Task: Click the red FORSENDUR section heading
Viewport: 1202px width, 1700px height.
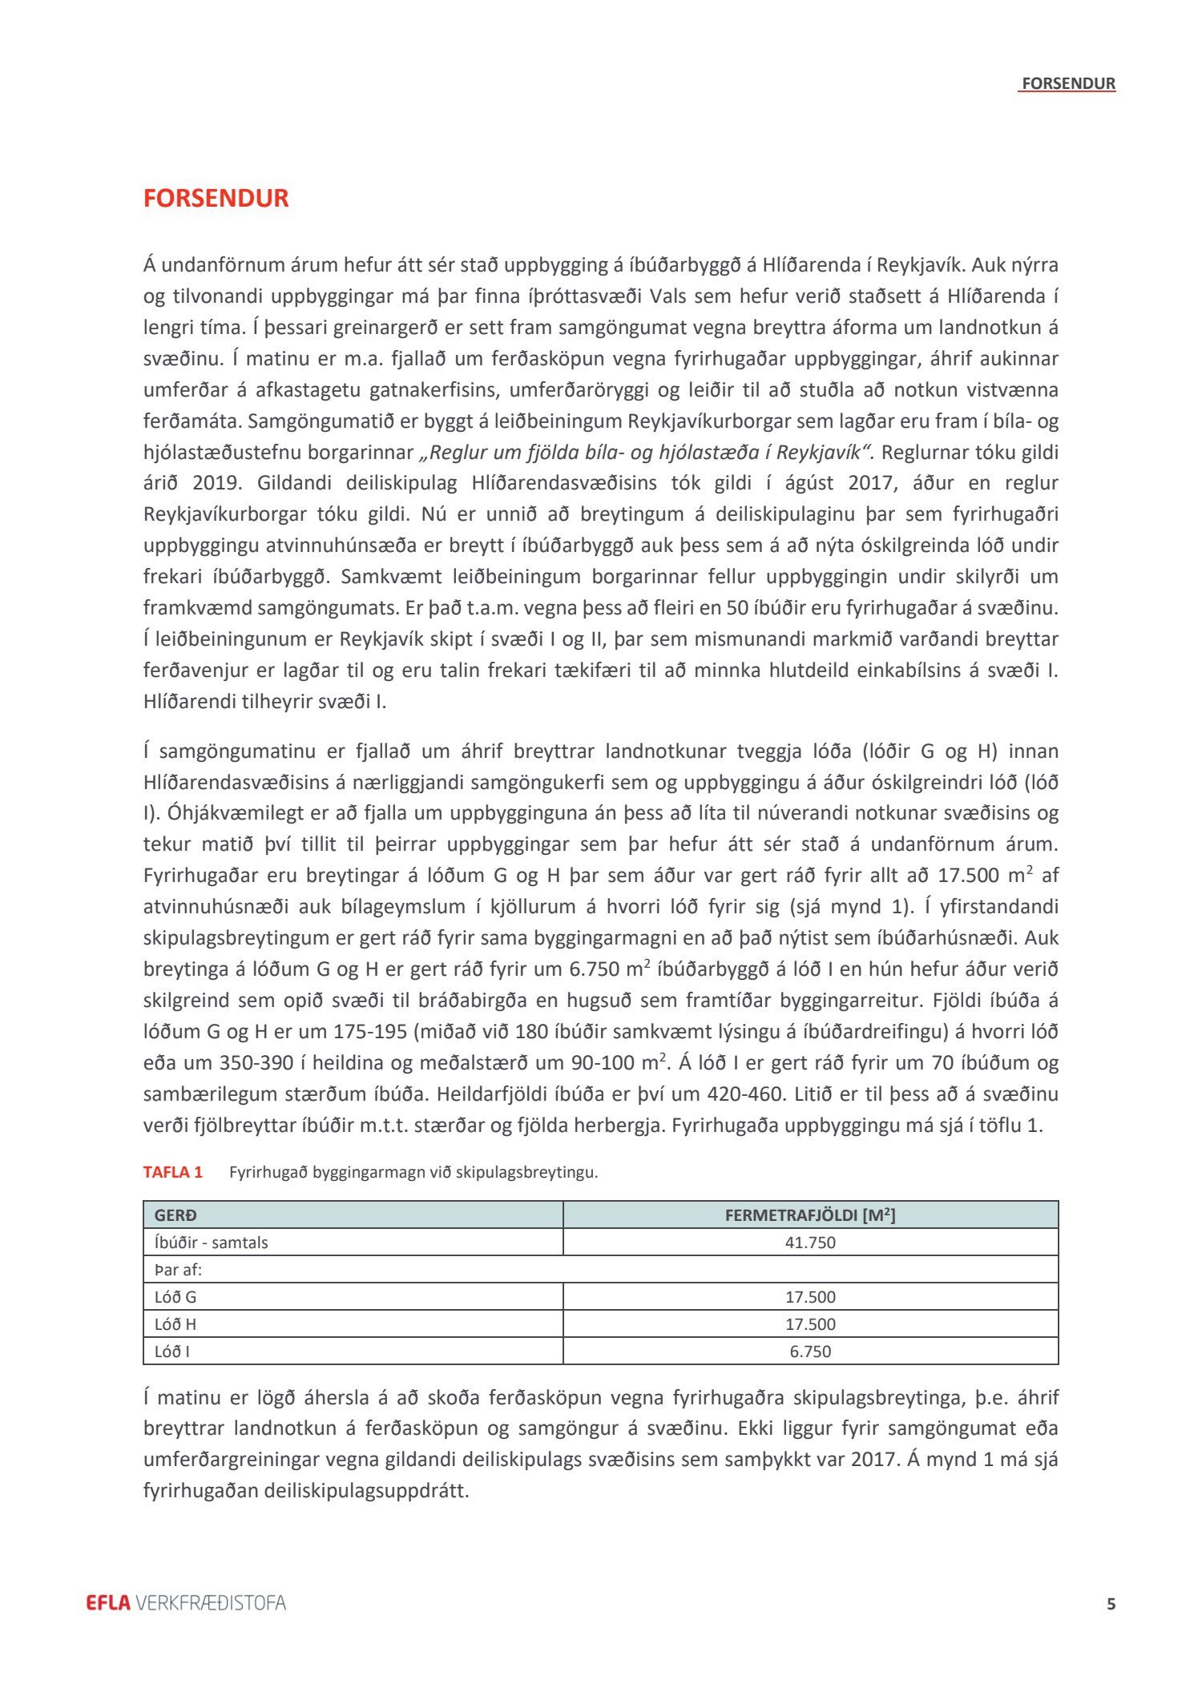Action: coord(216,198)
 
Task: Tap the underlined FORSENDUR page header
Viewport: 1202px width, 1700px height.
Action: coord(1068,83)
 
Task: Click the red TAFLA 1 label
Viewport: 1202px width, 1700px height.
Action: coord(173,1172)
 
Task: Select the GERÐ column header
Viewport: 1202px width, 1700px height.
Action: coord(175,1215)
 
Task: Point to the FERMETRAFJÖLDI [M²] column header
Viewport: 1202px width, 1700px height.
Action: coord(810,1215)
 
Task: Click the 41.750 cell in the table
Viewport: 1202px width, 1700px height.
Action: coord(810,1243)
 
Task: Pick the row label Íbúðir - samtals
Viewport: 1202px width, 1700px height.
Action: coord(212,1243)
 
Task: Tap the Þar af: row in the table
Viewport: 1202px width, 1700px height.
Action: coord(179,1270)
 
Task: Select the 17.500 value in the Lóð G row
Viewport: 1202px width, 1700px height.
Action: coord(810,1297)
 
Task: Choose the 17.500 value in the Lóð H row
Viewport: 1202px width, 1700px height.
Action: coord(810,1324)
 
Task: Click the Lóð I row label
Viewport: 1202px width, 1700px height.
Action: coord(172,1352)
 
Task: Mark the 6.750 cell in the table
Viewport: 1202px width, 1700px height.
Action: coord(810,1352)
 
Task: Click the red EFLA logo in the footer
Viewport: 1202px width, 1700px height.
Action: coord(108,1603)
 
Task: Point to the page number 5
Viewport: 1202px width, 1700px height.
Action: coord(1111,1604)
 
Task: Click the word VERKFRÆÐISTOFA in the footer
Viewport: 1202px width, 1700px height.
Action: coord(211,1603)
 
